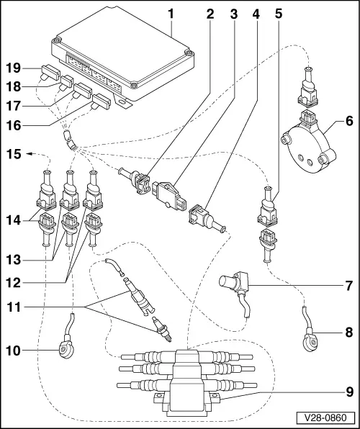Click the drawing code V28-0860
pyautogui.click(x=329, y=418)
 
